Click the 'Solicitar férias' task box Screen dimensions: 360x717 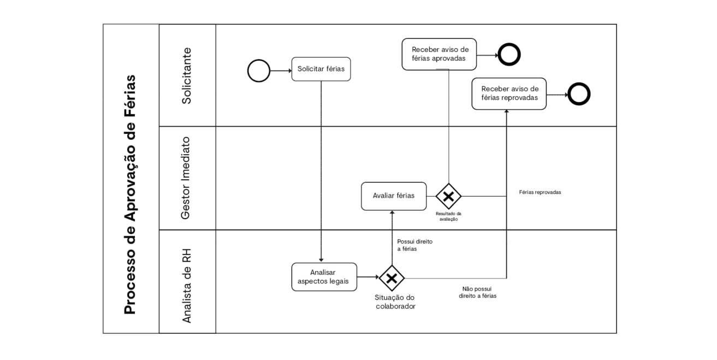pos(321,69)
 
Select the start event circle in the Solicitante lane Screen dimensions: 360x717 pos(259,70)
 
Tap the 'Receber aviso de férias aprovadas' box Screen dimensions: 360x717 pos(439,54)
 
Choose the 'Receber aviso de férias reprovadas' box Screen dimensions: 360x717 pos(509,93)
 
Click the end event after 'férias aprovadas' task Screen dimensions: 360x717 pos(509,55)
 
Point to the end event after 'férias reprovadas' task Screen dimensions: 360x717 pos(579,94)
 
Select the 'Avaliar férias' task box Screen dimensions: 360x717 pos(393,196)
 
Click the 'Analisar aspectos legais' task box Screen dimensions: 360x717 pos(324,277)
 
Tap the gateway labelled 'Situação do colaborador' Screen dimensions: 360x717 pos(392,278)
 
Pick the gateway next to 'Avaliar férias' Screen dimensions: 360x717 pos(448,196)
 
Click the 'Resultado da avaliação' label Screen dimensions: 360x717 pos(448,216)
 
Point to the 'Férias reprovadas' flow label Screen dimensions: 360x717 pos(540,192)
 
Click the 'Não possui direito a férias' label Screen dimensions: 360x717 pos(477,292)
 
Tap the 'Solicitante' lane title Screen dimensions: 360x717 pos(187,75)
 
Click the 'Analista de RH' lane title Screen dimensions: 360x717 pos(187,285)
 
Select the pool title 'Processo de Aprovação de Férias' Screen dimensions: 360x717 pos(130,194)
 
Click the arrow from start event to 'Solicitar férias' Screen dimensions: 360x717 pos(281,70)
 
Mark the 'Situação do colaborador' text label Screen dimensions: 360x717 pos(395,302)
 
